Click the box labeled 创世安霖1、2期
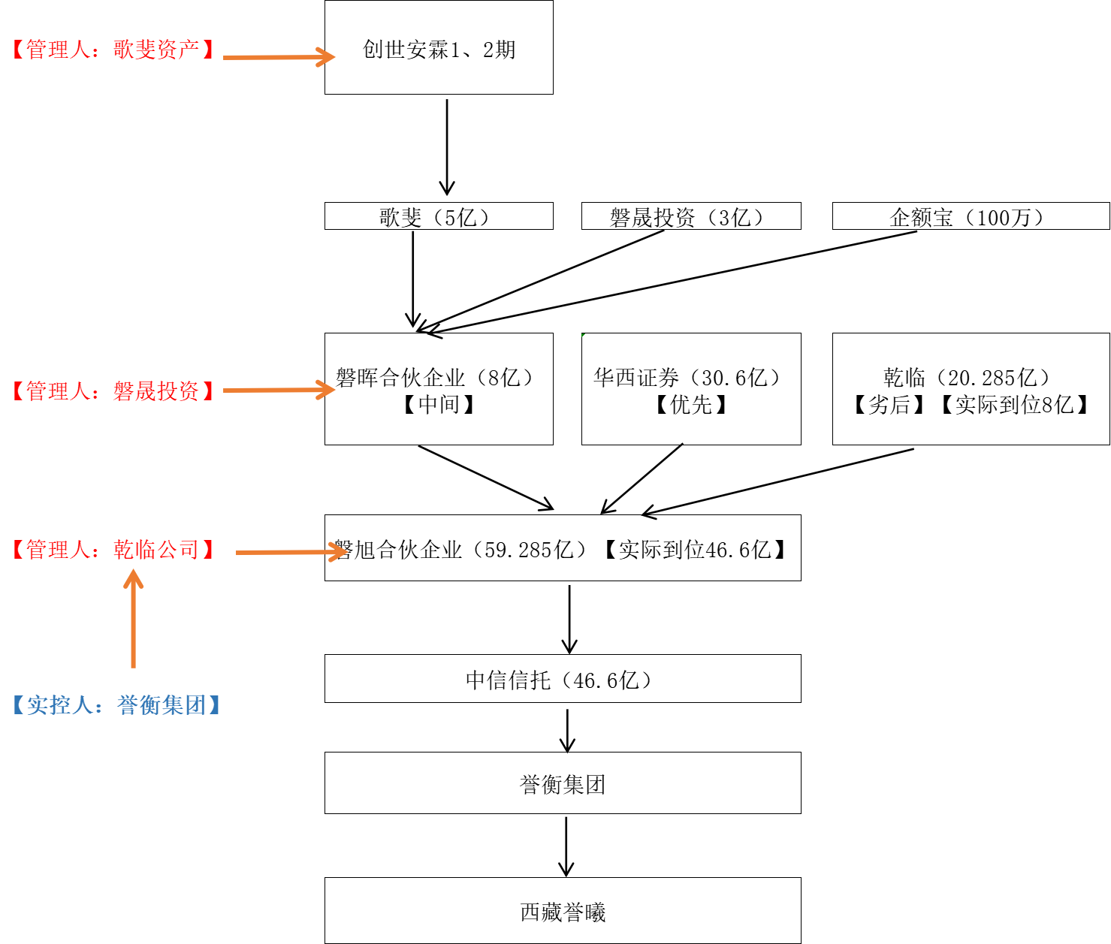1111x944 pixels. point(439,47)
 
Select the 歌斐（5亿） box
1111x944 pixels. point(439,216)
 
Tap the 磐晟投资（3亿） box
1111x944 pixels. point(691,216)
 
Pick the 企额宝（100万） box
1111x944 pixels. point(971,216)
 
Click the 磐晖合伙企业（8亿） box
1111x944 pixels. point(439,389)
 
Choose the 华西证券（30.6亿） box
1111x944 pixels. point(691,389)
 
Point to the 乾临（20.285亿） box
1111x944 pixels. point(971,389)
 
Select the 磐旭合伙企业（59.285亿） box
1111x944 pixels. point(563,548)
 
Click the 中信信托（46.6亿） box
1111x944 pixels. point(563,679)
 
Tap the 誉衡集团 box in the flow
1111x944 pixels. point(563,783)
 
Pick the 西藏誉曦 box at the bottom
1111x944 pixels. point(563,911)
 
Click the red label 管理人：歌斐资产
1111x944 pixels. point(113,50)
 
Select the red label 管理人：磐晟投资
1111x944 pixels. point(113,391)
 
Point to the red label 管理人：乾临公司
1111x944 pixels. point(113,550)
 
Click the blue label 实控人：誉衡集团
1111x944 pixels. point(116,705)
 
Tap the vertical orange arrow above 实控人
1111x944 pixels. point(134,620)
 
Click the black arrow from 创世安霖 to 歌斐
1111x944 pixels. point(447,146)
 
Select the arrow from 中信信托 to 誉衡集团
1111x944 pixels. point(568,728)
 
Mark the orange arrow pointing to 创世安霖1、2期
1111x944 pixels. point(278,57)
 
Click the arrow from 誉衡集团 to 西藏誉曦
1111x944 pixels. point(566,846)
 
